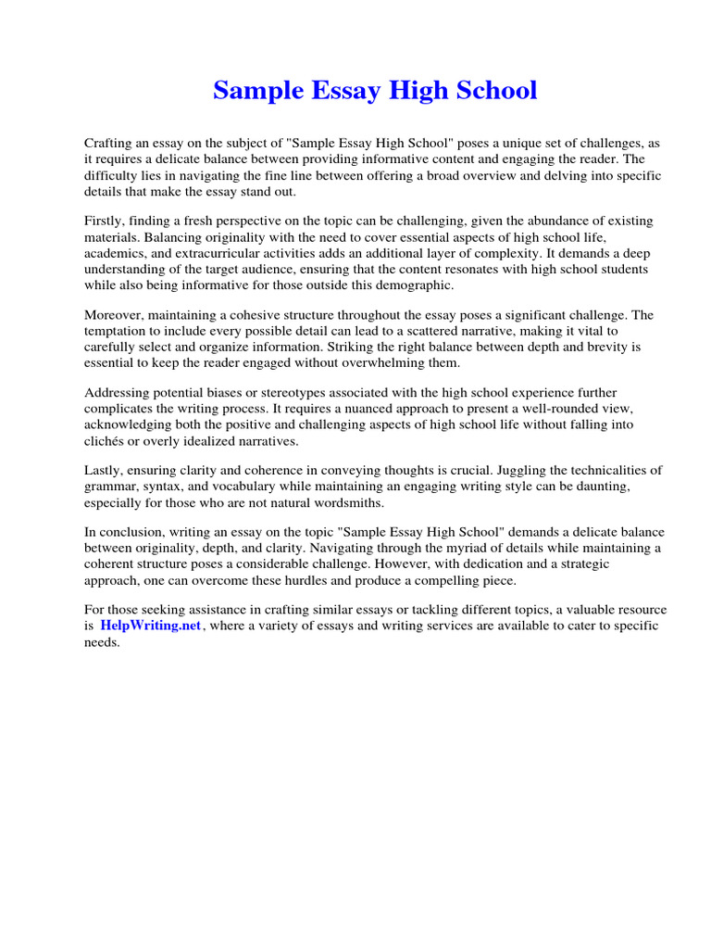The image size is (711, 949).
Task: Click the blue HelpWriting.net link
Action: click(152, 626)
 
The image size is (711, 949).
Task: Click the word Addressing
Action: click(118, 393)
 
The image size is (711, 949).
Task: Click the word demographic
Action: click(410, 285)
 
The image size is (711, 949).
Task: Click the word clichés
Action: click(106, 440)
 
